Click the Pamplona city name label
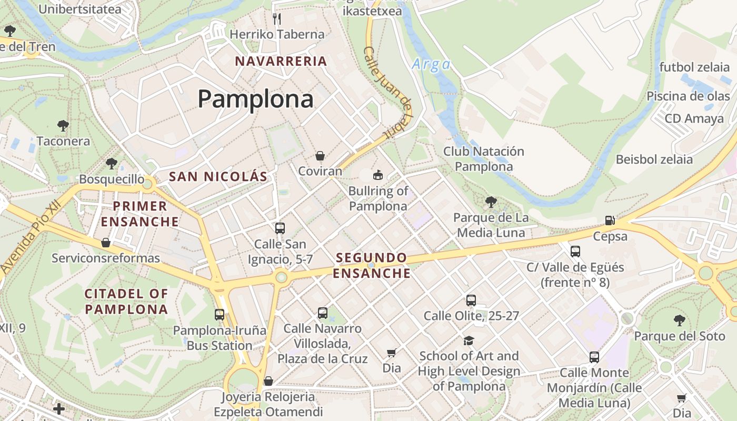point(255,99)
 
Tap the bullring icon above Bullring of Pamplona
point(377,175)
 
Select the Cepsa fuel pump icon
point(610,220)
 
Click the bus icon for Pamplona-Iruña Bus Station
point(220,315)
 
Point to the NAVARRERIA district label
point(281,61)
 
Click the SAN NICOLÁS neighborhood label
point(218,177)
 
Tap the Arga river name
point(431,64)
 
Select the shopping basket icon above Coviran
point(320,156)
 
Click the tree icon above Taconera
point(63,126)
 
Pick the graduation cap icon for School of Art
point(469,340)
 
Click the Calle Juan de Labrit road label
point(387,92)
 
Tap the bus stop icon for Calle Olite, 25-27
point(471,300)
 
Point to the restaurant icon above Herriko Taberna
point(277,19)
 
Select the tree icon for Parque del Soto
point(680,320)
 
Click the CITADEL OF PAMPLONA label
point(126,302)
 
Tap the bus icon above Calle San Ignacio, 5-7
point(280,228)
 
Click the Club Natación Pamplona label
point(484,159)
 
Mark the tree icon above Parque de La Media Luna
point(491,202)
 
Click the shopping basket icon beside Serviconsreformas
point(106,243)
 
